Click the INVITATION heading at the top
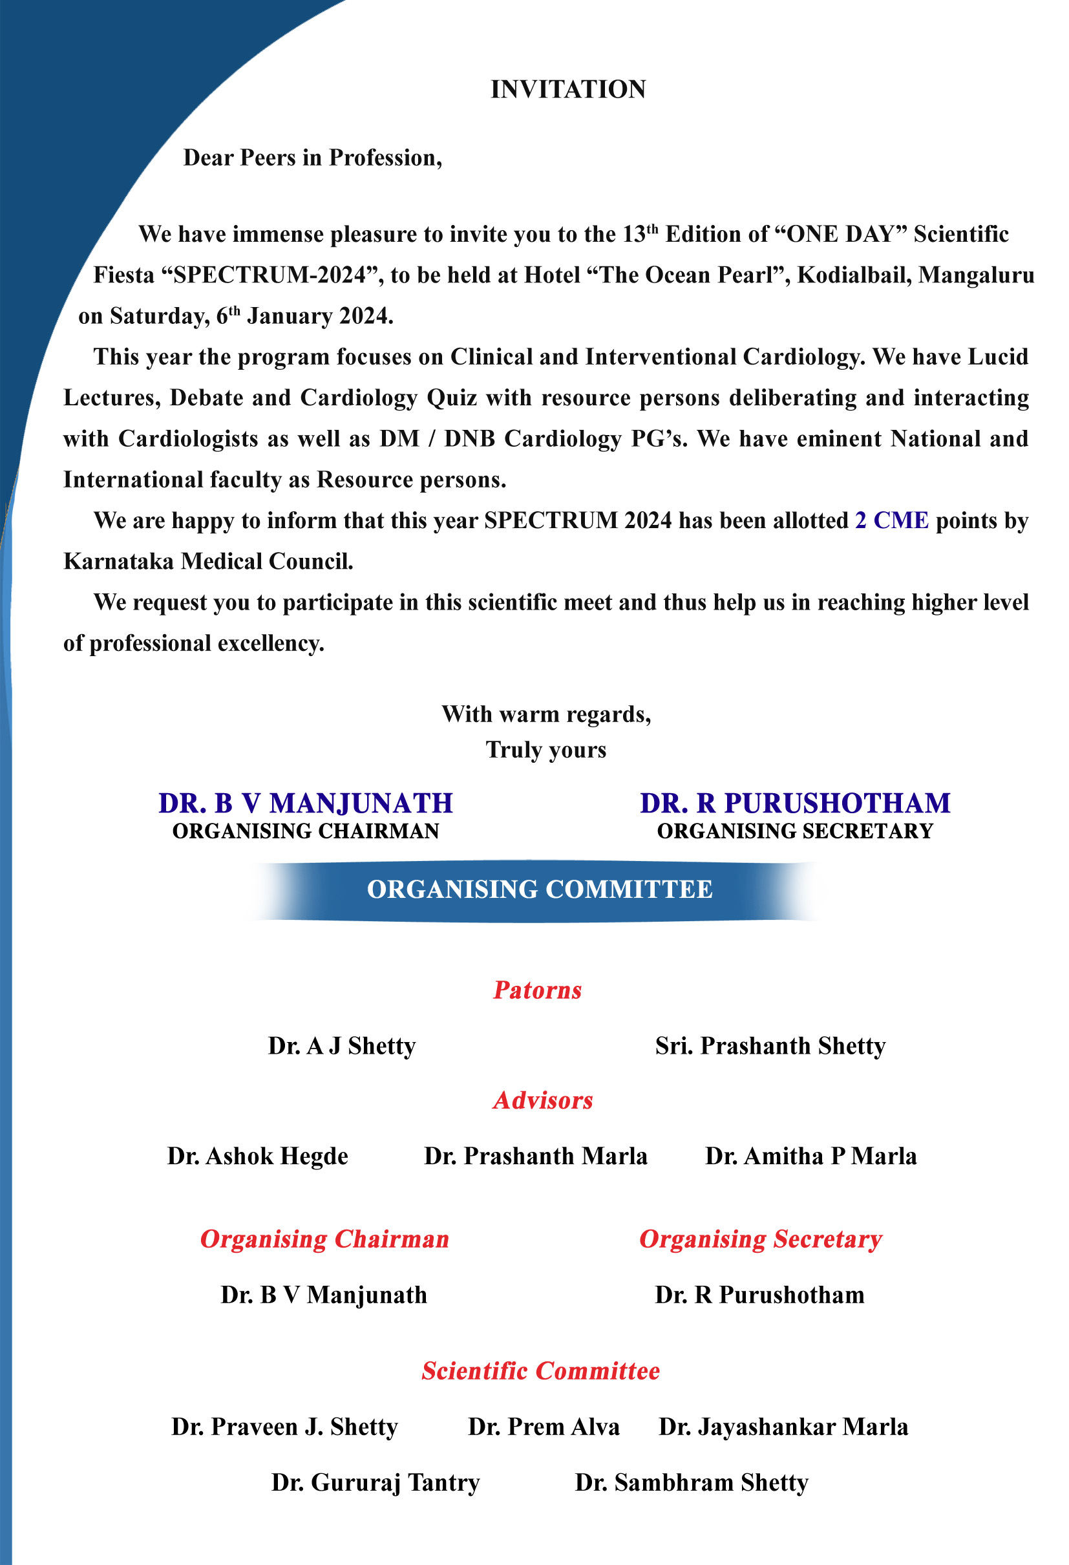[567, 90]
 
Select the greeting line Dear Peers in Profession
[312, 158]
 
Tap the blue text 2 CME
[891, 520]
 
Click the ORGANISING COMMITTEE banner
[539, 889]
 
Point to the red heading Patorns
[537, 990]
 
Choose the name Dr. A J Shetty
[341, 1046]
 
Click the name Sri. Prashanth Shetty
[770, 1046]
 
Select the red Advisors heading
[542, 1100]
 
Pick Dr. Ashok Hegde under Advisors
[258, 1156]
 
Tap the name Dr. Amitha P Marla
[810, 1156]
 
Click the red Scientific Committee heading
[540, 1371]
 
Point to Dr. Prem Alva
[544, 1427]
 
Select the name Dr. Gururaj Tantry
[376, 1482]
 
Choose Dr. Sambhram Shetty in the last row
[692, 1482]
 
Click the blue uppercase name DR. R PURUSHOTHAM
[795, 804]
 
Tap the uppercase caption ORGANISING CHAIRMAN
[306, 832]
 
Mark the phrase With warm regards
[546, 714]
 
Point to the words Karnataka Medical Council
[208, 561]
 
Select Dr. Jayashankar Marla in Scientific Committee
[783, 1427]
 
